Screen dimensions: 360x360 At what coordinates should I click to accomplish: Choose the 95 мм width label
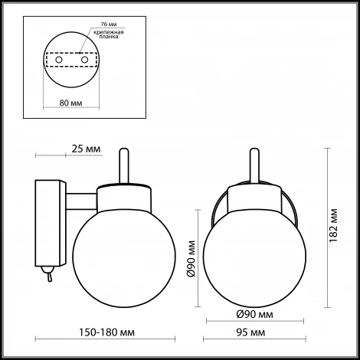click(254, 333)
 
